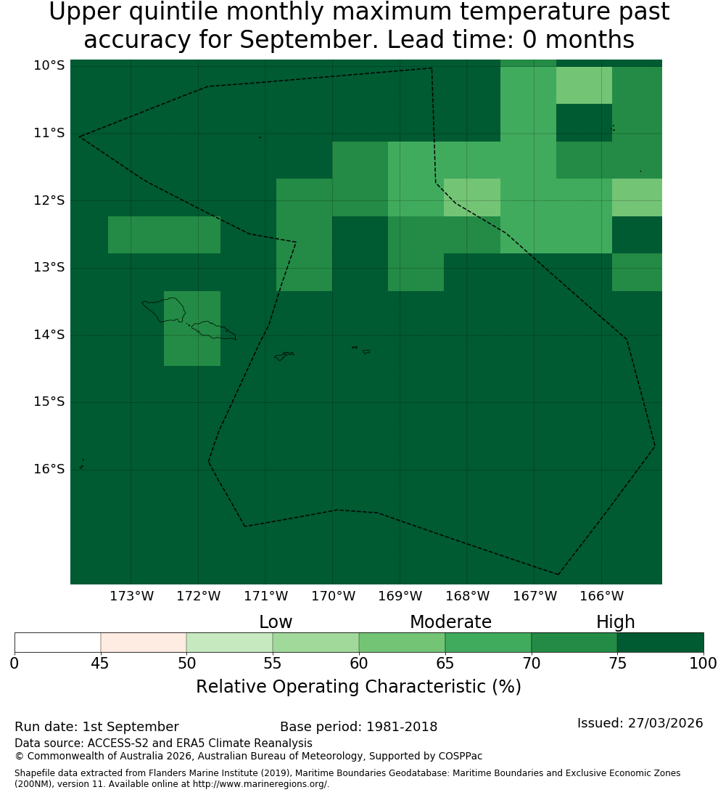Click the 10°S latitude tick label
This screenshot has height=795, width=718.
[49, 65]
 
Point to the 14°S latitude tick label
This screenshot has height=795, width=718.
[49, 335]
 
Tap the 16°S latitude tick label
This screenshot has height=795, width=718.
[49, 469]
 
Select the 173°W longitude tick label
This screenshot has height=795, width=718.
[132, 596]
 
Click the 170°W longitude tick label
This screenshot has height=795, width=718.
[333, 596]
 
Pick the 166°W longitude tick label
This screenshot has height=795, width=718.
[601, 596]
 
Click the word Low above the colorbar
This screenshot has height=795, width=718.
[276, 621]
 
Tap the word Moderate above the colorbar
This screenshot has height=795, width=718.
[450, 621]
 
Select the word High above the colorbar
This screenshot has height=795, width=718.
[615, 622]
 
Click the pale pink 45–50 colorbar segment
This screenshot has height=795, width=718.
[144, 643]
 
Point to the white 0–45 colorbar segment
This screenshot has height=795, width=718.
[58, 643]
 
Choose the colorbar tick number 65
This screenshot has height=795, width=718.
[445, 663]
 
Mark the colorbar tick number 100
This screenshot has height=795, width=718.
[703, 663]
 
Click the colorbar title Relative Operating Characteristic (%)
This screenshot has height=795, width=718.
[358, 687]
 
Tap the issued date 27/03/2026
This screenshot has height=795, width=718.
[665, 723]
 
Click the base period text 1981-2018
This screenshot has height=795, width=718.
[402, 727]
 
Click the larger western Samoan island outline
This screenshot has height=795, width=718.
[164, 310]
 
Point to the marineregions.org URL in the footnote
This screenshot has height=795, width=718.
[260, 784]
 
